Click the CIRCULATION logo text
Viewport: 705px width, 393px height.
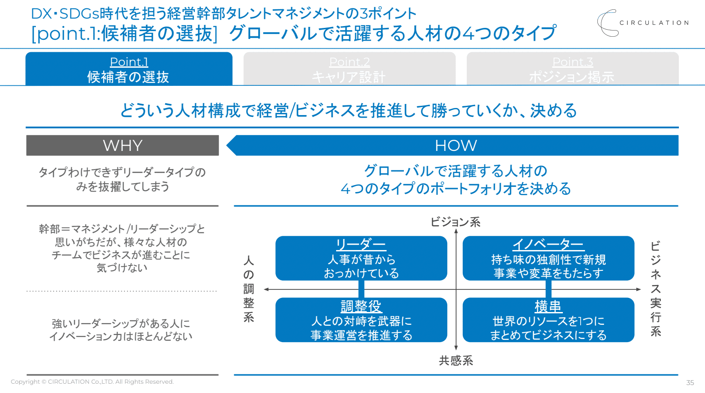click(654, 23)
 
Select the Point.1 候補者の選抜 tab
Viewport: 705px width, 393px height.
click(129, 69)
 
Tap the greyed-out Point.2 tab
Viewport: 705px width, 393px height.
click(349, 69)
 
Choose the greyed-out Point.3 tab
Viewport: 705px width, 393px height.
click(573, 69)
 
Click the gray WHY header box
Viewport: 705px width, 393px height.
click(122, 146)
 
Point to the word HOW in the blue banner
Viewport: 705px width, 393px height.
click(456, 146)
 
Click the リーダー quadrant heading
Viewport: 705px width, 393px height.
click(361, 244)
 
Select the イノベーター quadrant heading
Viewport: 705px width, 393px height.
click(548, 244)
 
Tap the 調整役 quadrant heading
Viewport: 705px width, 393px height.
click(361, 306)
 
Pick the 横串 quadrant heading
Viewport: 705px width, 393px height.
click(548, 306)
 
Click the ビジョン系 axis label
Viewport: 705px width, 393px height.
click(456, 222)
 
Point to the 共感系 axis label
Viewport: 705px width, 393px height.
click(456, 361)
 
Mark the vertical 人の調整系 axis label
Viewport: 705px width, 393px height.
click(249, 289)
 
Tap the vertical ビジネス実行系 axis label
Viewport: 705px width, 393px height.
click(655, 289)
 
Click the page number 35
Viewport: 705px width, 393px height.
click(690, 382)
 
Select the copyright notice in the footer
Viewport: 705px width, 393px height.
click(92, 381)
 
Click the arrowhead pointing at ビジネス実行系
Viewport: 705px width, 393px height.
click(639, 289)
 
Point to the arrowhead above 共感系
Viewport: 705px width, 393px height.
click(456, 348)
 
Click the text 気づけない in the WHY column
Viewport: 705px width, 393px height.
click(122, 268)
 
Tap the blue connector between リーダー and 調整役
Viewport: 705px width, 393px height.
click(361, 289)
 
